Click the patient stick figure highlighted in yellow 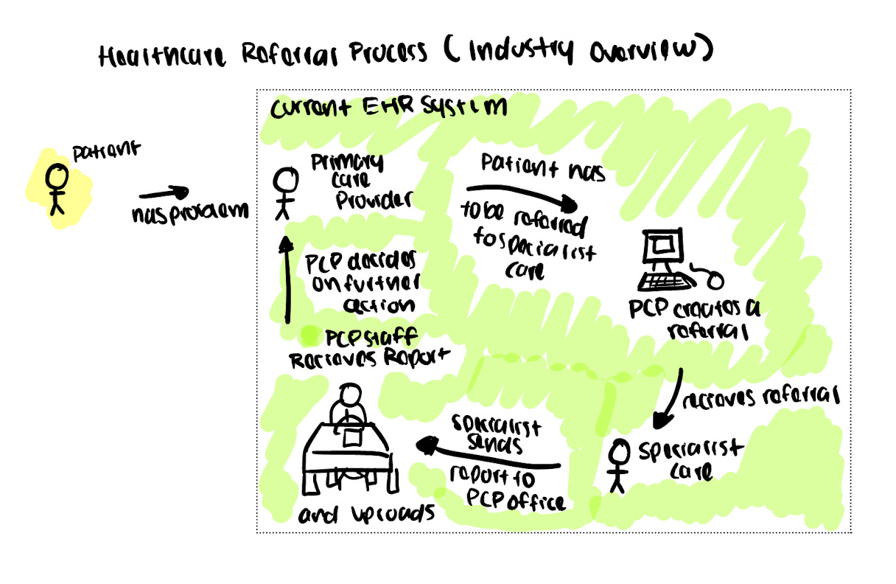tap(57, 189)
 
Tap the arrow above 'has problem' tap(164, 194)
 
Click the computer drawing tap(661, 251)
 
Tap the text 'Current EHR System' tap(388, 108)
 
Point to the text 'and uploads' tap(365, 514)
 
